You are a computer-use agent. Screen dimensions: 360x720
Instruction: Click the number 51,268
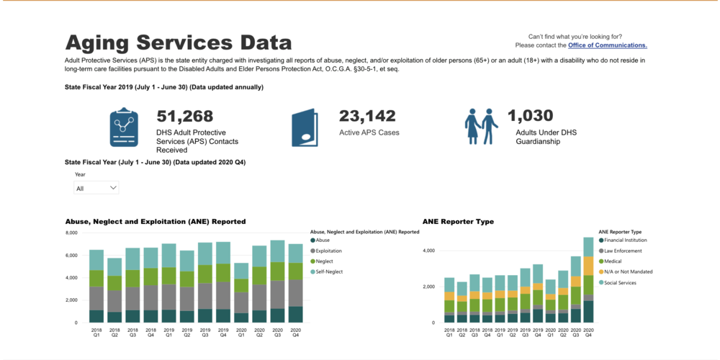click(x=185, y=116)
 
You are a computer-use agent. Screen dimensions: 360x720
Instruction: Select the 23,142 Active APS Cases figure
click(x=367, y=116)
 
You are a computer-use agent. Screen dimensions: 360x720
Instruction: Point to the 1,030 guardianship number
click(x=530, y=116)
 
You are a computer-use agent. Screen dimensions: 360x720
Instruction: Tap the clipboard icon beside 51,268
click(x=124, y=128)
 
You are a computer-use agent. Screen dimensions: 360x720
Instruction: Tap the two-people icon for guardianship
click(x=481, y=127)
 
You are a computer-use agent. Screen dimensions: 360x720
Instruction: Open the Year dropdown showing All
click(x=96, y=188)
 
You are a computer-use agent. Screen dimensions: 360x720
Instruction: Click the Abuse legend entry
click(x=323, y=240)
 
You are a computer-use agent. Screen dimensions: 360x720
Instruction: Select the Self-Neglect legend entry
click(x=328, y=271)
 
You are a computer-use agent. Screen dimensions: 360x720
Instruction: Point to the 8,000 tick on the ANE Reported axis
click(x=71, y=233)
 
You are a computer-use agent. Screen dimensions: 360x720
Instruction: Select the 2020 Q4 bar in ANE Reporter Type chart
click(x=588, y=281)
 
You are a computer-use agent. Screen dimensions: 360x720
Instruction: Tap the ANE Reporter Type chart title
click(x=458, y=222)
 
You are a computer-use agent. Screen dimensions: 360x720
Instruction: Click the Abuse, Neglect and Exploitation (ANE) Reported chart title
click(x=156, y=222)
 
